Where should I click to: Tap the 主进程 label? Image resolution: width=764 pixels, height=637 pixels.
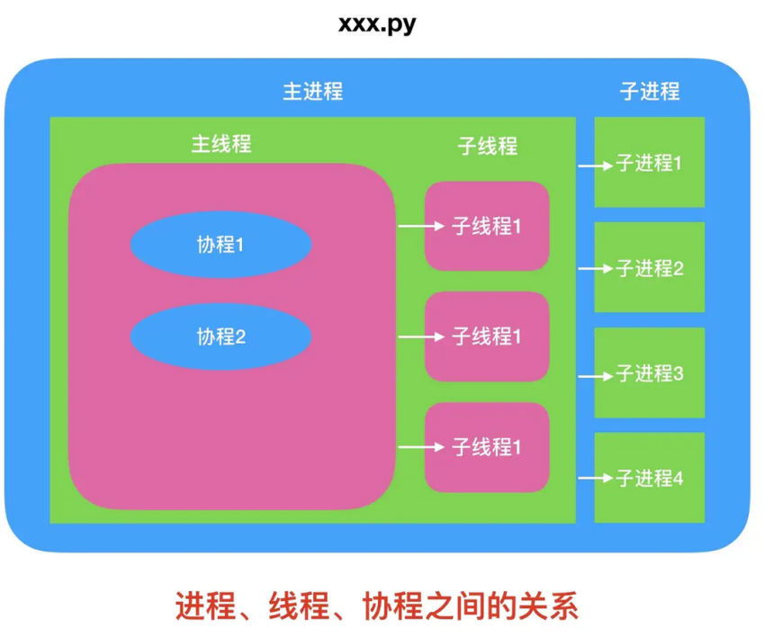313,92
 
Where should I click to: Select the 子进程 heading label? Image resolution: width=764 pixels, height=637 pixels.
650,91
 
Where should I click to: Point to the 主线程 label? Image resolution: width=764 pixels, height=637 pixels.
221,144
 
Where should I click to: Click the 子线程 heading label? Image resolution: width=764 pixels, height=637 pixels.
488,146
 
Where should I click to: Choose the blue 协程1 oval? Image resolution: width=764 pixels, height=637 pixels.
221,244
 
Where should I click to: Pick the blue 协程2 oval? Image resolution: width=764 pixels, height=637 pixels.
221,337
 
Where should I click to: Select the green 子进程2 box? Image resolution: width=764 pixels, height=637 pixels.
650,267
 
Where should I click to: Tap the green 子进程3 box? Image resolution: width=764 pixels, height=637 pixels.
650,372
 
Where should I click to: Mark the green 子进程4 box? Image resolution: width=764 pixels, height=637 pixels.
650,478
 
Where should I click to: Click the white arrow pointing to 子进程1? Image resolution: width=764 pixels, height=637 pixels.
595,166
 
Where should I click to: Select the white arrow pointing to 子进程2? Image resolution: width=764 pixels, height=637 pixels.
595,268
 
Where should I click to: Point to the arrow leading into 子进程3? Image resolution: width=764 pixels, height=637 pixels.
595,373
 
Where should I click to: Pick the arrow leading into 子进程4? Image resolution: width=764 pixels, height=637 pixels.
595,479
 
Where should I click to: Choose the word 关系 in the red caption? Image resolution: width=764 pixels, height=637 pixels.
553,605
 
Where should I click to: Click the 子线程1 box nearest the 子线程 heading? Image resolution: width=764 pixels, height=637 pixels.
487,226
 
